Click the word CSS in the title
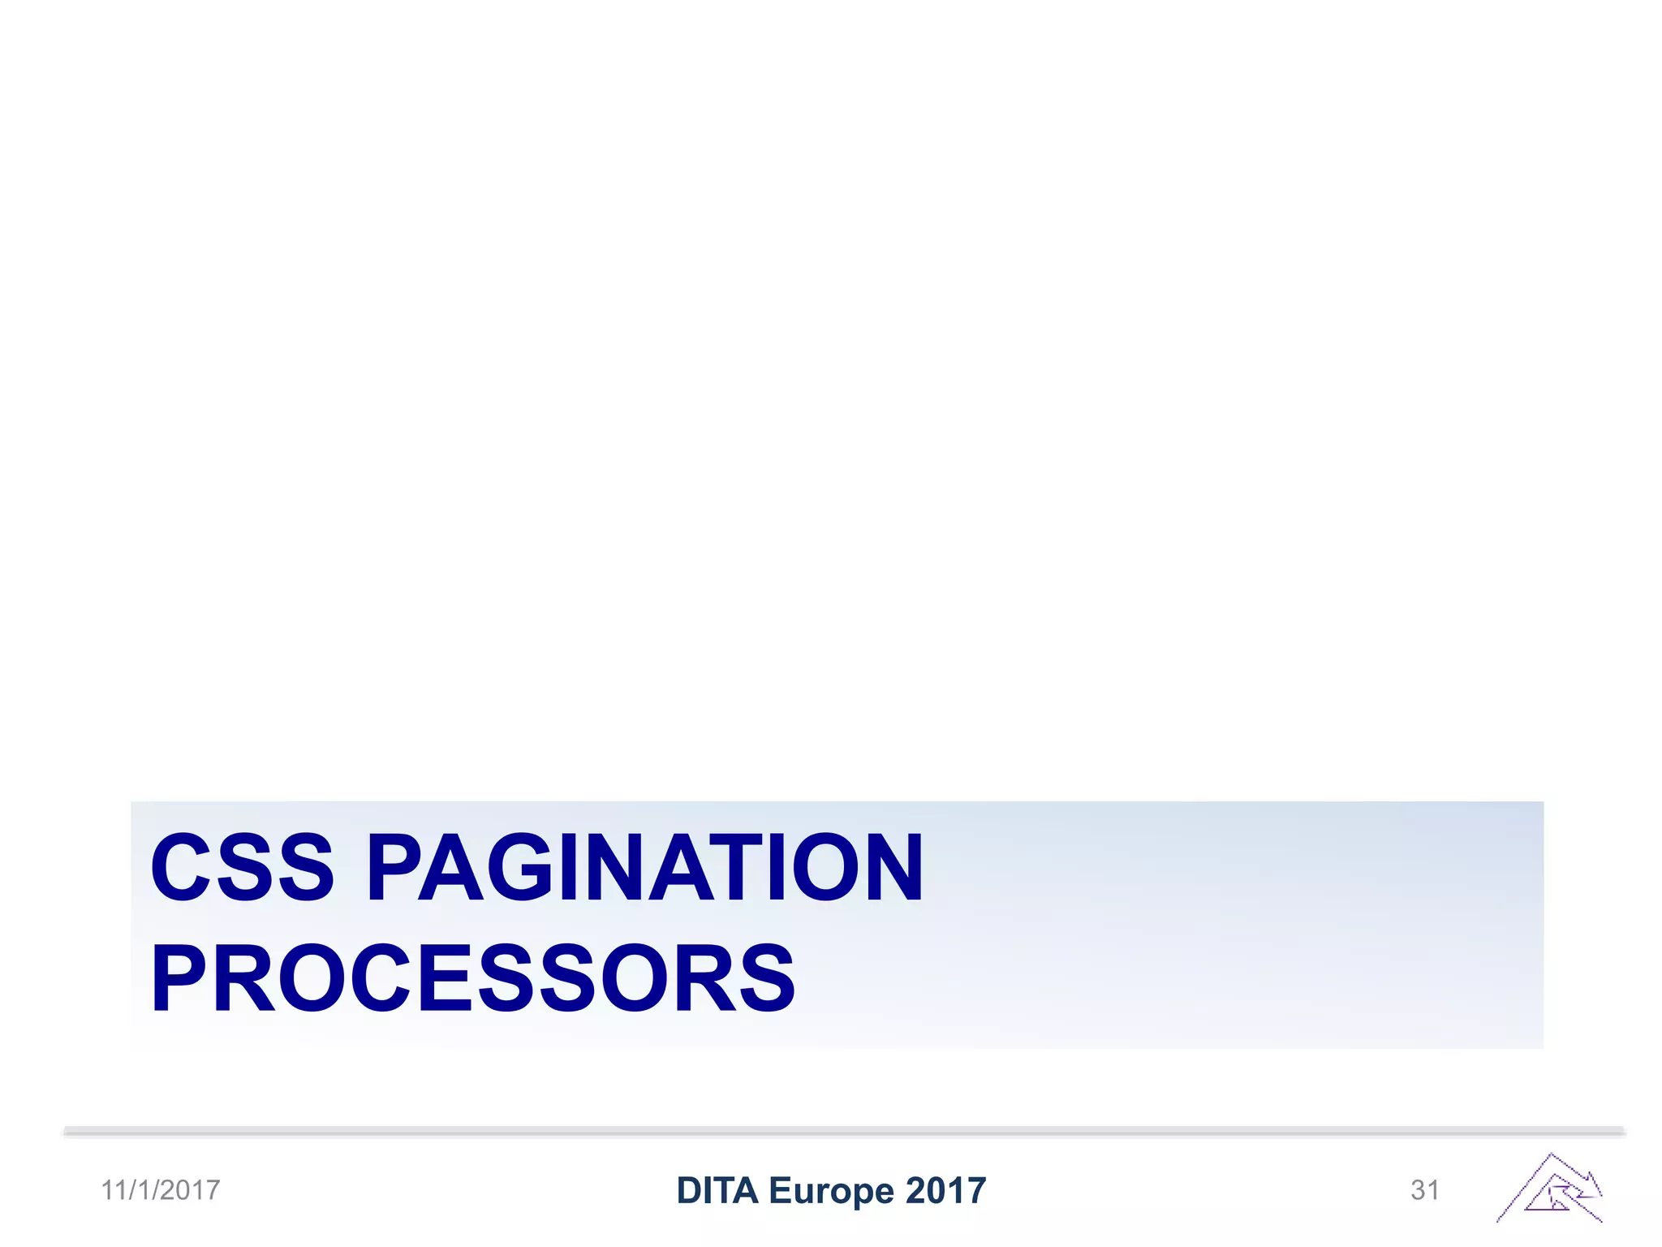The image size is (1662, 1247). pyautogui.click(x=242, y=868)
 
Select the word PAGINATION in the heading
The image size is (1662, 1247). pyautogui.click(x=645, y=868)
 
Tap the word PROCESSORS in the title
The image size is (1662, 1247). pyautogui.click(x=473, y=979)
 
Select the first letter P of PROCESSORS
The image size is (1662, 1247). pyautogui.click(x=179, y=979)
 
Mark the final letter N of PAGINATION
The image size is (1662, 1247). pyautogui.click(x=893, y=868)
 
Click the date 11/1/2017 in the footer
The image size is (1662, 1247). pyautogui.click(x=161, y=1190)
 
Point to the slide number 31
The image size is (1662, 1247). pyautogui.click(x=1425, y=1190)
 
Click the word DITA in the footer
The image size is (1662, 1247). pyautogui.click(x=717, y=1191)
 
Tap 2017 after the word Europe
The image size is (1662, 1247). pyautogui.click(x=946, y=1191)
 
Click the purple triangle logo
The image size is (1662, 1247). pyautogui.click(x=1550, y=1189)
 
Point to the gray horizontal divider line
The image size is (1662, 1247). pyautogui.click(x=844, y=1131)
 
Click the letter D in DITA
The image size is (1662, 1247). pyautogui.click(x=690, y=1191)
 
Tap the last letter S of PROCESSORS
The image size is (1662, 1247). pyautogui.click(x=766, y=979)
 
